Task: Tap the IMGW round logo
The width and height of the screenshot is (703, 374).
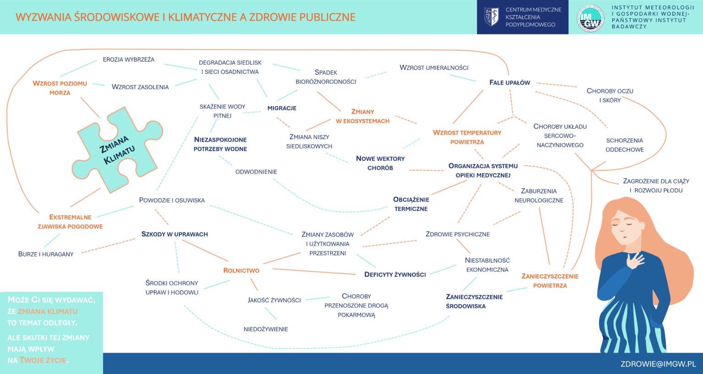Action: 590,18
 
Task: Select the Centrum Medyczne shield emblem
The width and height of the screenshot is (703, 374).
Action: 491,17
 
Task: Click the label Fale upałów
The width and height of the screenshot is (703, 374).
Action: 509,83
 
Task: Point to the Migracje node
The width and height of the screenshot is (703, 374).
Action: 282,108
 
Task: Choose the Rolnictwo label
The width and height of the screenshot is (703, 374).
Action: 241,271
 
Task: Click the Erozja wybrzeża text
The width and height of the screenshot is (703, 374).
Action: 129,60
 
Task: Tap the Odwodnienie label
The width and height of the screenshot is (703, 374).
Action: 256,172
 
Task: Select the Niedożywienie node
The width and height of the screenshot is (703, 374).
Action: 266,329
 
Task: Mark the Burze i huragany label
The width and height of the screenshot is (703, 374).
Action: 46,254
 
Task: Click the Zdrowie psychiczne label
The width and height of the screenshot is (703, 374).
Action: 458,234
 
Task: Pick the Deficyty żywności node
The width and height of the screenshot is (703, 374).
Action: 395,275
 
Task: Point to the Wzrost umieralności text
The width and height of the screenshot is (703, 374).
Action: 434,68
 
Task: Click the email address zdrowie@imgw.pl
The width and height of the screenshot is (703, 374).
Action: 658,364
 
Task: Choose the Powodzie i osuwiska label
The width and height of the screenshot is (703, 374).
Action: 172,201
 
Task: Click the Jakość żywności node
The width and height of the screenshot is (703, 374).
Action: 274,300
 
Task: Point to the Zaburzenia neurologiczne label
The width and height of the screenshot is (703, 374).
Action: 539,196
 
